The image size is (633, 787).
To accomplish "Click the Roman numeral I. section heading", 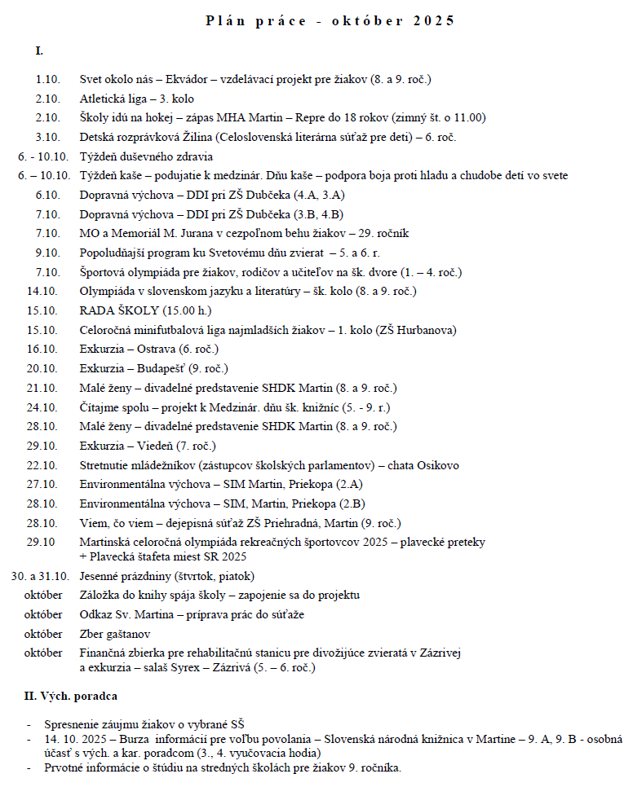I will coord(39,51).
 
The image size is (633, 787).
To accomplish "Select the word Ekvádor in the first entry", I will coord(189,80).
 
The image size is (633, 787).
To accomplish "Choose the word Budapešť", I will coord(162,368).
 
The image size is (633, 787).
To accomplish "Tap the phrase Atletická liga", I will coord(112,99).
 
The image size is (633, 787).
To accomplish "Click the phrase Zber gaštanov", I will coord(114,635).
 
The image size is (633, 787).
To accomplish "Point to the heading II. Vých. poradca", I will coord(71,697).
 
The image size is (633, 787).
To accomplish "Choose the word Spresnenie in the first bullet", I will coord(74,724).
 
